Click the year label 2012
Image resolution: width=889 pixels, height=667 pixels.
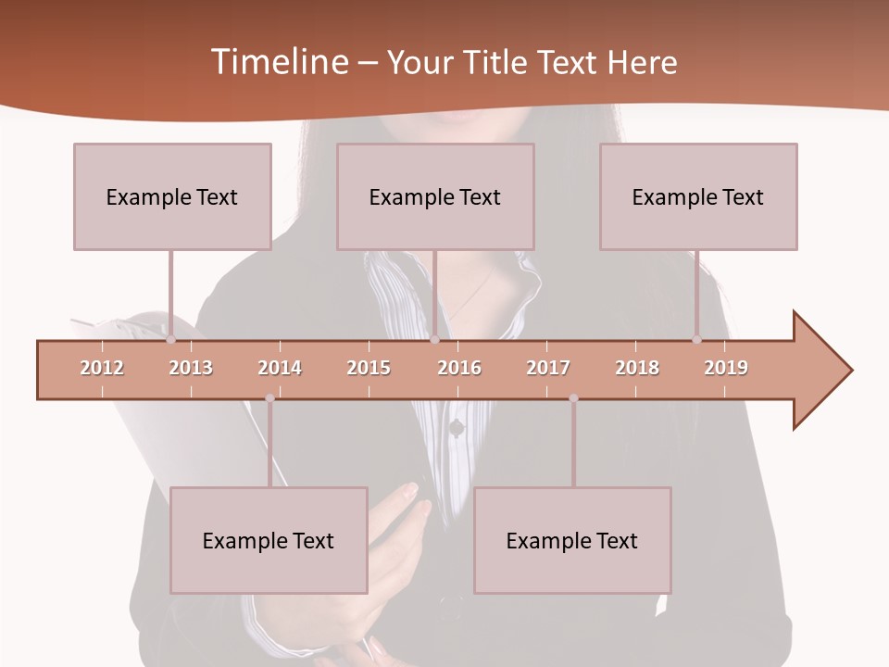tap(102, 368)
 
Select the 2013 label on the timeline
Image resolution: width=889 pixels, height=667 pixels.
tap(191, 368)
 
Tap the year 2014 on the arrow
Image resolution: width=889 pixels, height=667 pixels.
tap(280, 368)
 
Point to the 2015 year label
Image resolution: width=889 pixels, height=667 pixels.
tap(369, 368)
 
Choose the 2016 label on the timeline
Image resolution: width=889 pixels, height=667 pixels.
tap(459, 368)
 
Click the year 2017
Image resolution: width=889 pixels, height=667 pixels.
tap(548, 368)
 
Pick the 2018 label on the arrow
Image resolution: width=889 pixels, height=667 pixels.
tap(637, 368)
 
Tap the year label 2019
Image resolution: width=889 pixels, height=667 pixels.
tap(726, 368)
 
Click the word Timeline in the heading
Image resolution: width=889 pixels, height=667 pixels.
tap(278, 62)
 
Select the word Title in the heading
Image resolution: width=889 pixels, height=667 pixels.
tap(497, 62)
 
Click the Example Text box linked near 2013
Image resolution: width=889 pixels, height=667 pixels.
tap(172, 196)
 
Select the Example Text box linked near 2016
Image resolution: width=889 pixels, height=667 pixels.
tap(435, 196)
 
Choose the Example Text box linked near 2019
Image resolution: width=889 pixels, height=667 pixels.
tap(698, 196)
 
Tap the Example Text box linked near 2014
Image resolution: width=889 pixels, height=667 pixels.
tap(269, 540)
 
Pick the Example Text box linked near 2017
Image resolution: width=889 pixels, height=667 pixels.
tap(572, 540)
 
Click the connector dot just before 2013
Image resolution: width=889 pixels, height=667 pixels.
tap(170, 340)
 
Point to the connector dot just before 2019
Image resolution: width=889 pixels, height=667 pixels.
tap(697, 340)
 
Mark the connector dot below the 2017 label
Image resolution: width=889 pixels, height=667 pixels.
tap(573, 398)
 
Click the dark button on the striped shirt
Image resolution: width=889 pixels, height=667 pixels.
tap(456, 427)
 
